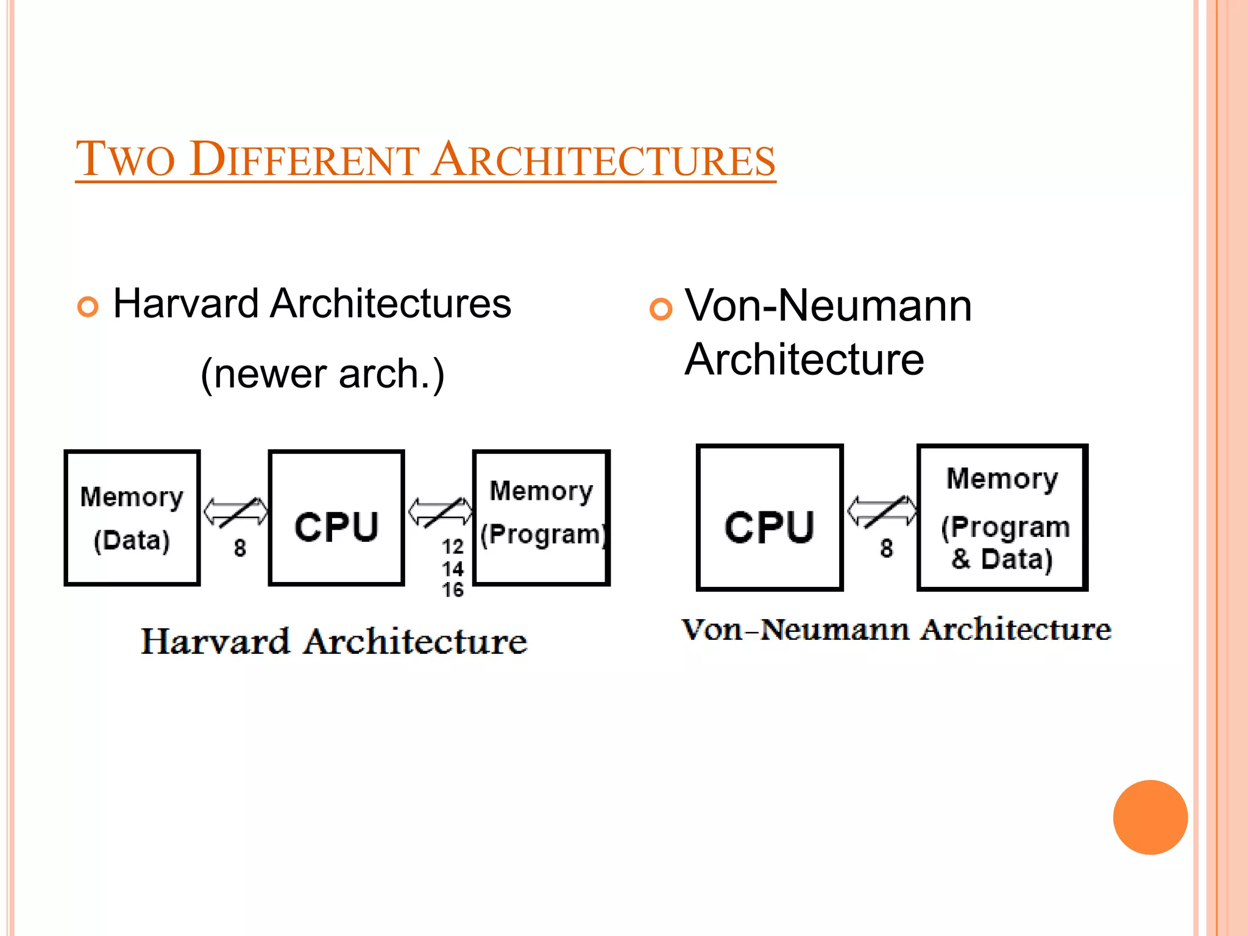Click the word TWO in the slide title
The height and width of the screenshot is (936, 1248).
point(126,160)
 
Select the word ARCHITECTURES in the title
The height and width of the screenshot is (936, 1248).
point(603,160)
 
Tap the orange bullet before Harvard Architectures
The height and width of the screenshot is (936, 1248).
point(88,307)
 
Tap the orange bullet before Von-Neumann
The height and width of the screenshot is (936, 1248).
point(661,309)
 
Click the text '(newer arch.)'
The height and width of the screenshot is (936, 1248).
point(322,374)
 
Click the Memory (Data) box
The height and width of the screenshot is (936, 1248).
point(132,518)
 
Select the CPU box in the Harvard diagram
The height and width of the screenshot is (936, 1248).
point(336,518)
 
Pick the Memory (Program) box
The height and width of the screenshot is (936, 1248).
point(541,518)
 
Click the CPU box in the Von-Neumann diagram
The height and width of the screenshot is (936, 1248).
point(770,517)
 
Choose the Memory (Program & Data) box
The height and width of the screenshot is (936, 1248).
point(1002,517)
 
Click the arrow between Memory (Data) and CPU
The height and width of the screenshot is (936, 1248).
point(235,512)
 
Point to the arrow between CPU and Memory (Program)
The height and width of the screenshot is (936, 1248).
point(440,512)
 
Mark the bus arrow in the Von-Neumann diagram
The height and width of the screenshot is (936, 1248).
point(882,511)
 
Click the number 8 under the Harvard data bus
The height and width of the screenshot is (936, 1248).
point(240,548)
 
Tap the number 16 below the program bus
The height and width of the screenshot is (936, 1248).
point(453,590)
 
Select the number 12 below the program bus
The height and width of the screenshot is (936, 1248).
point(453,547)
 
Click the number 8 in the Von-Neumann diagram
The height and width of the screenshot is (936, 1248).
point(887,548)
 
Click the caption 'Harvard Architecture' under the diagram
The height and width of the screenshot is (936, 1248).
point(334,642)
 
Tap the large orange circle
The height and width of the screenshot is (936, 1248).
point(1150,817)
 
